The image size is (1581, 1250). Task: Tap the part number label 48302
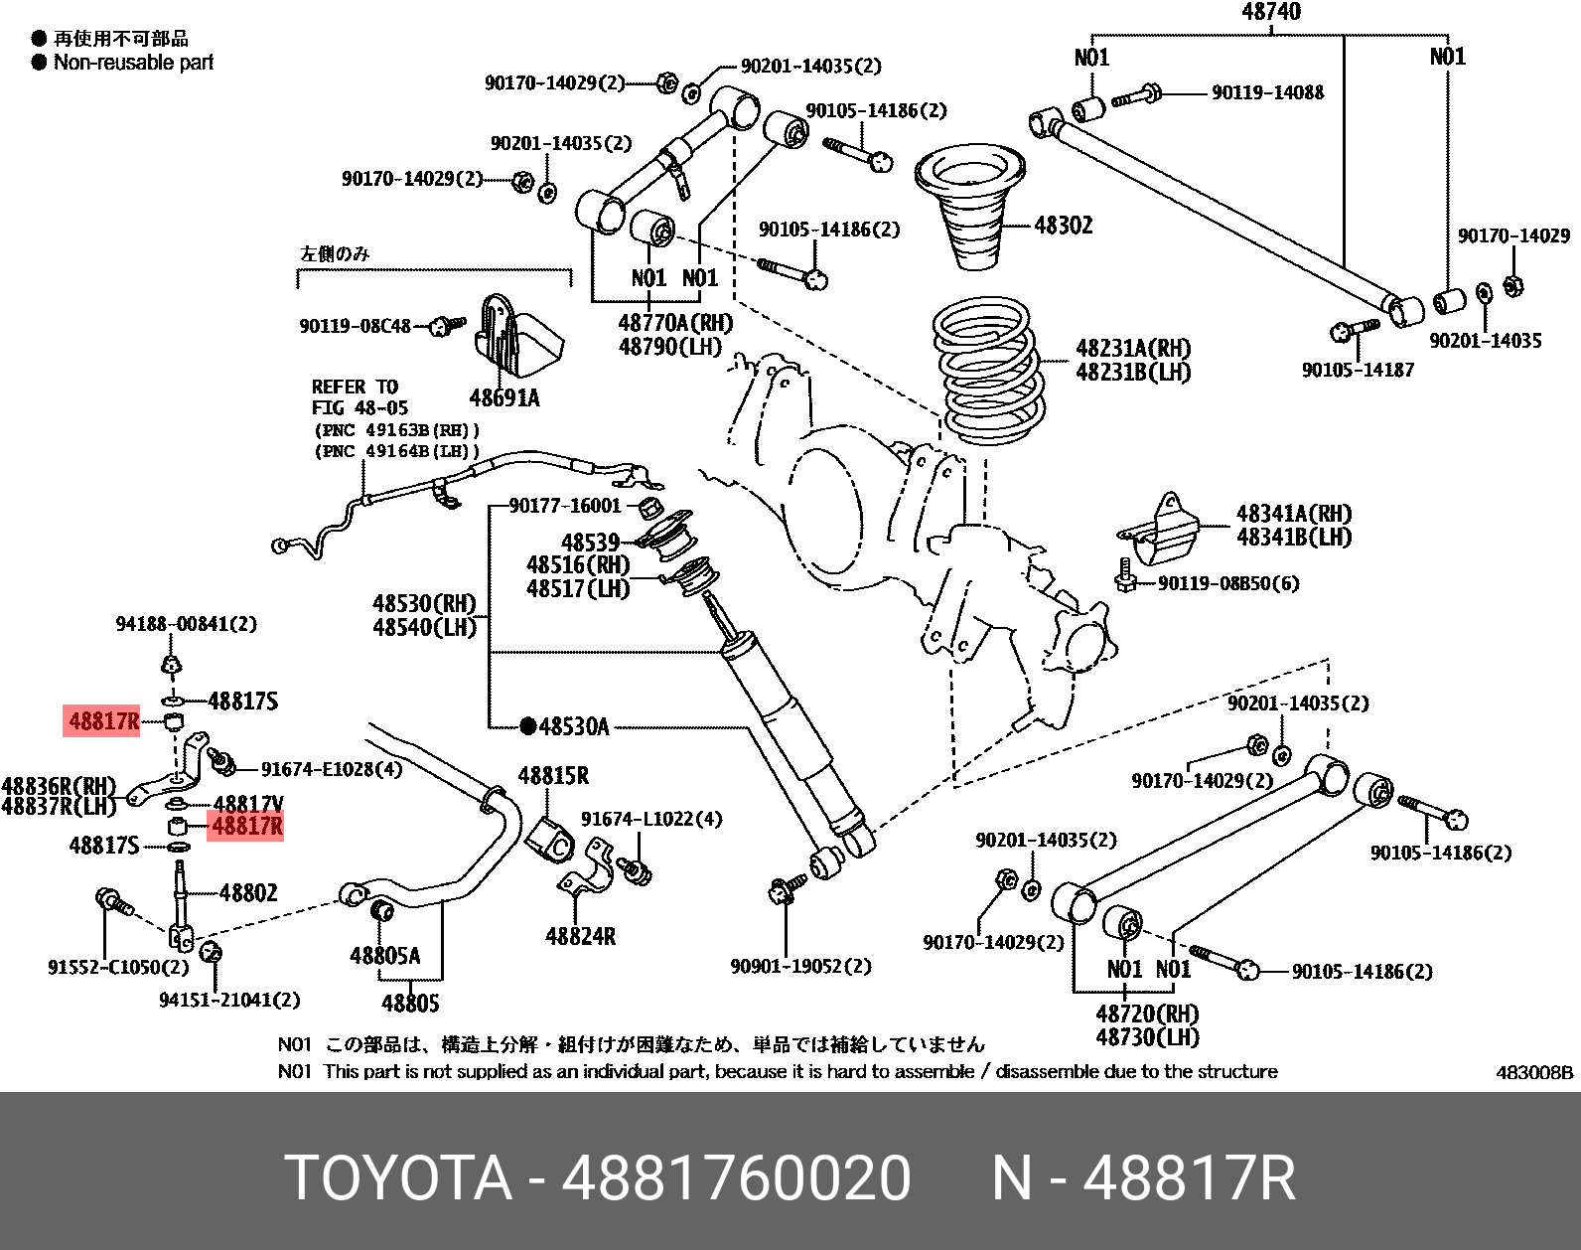(x=1063, y=226)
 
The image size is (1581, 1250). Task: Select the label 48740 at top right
(x=1270, y=12)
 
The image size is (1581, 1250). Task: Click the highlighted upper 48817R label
(x=103, y=720)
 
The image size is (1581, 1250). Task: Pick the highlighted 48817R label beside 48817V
(x=246, y=826)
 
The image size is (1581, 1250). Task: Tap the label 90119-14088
(x=1267, y=92)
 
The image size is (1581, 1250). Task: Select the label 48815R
(x=553, y=776)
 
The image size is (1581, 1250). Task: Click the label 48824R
(x=580, y=936)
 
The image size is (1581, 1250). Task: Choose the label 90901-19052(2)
(x=800, y=966)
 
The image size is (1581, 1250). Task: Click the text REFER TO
(x=355, y=387)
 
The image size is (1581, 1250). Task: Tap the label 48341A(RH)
(x=1293, y=514)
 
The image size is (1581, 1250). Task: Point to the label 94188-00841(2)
(x=186, y=624)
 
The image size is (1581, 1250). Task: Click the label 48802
(x=248, y=892)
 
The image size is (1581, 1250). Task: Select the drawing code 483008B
(x=1534, y=1072)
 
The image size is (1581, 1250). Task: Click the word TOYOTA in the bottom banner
(x=398, y=1178)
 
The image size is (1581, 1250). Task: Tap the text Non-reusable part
(x=133, y=63)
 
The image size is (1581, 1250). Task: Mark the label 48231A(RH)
(x=1133, y=349)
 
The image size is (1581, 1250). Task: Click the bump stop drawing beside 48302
(x=969, y=207)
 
